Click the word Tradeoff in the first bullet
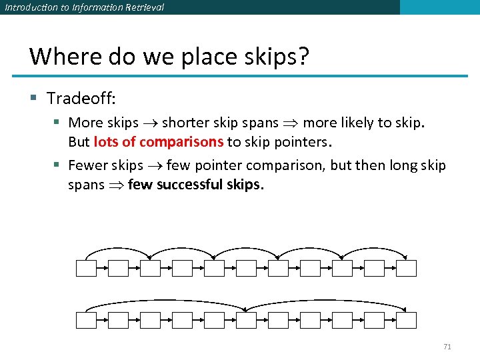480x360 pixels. (x=81, y=99)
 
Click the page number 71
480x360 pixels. (x=447, y=347)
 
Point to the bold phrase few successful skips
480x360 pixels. (x=195, y=184)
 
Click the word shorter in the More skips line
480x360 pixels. (x=185, y=123)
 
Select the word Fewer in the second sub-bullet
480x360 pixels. (x=87, y=165)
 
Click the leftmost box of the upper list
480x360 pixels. (x=87, y=268)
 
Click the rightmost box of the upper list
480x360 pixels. (x=406, y=268)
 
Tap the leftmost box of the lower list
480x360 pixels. (x=87, y=320)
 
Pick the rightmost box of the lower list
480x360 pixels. (x=406, y=320)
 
